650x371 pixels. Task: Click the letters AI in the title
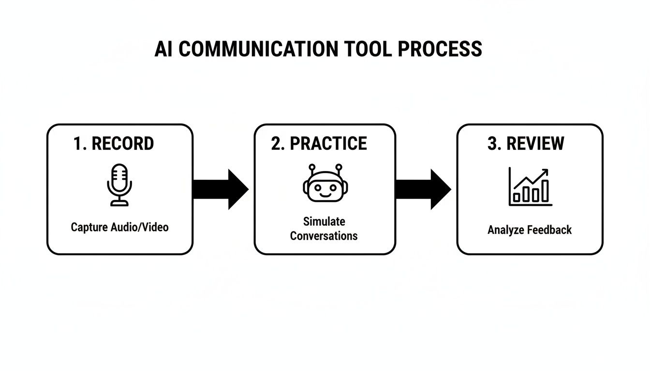coord(163,49)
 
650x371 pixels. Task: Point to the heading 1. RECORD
coord(114,143)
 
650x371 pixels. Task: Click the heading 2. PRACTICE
coord(319,143)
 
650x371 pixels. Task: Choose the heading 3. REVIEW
coord(526,143)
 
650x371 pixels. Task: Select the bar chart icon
coord(530,187)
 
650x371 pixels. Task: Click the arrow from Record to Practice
coord(220,189)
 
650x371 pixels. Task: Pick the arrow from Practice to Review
coord(423,189)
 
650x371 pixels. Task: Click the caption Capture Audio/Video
coord(119,227)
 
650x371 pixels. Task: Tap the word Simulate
coord(324,221)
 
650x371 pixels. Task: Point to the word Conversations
coord(324,236)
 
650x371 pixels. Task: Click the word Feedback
coord(550,230)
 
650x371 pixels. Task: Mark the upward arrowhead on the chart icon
coord(546,171)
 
